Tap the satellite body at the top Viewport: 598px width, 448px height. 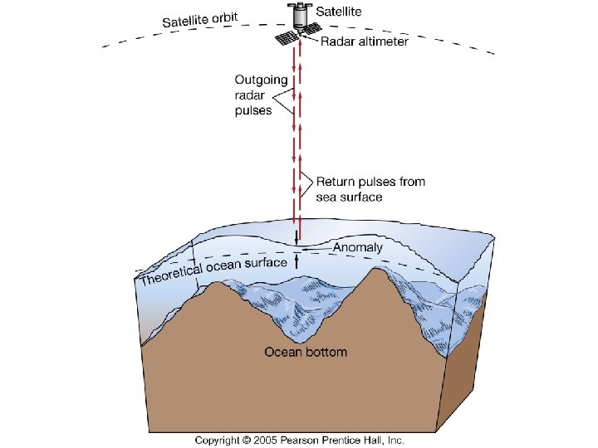(297, 14)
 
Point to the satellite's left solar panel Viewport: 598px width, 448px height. (287, 38)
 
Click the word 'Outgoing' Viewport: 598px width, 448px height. (262, 80)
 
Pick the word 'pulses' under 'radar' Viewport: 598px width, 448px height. (253, 110)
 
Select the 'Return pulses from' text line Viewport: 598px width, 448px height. (370, 182)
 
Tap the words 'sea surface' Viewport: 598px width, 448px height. (349, 197)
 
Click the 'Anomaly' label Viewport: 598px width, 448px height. (358, 247)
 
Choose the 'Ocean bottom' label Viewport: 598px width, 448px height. (306, 352)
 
